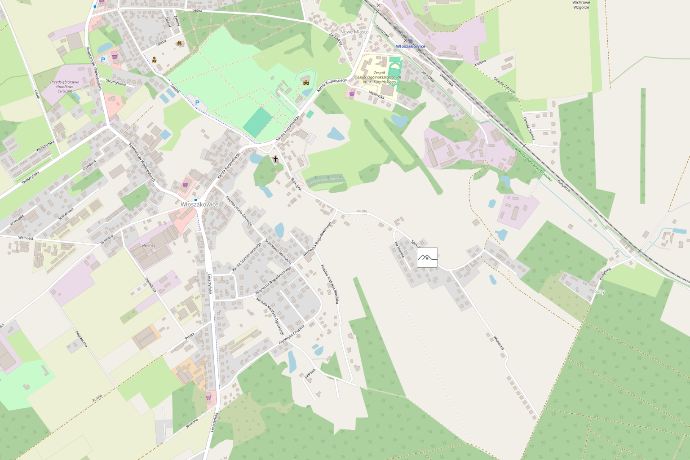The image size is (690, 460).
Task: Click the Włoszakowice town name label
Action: (199, 204)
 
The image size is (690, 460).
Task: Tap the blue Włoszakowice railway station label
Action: (411, 46)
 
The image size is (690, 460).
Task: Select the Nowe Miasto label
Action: (354, 32)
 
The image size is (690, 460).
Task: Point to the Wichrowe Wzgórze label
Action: (581, 5)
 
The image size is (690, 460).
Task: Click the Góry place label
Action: (600, 292)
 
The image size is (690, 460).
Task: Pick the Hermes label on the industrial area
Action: (149, 245)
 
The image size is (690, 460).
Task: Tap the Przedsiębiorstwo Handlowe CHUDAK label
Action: (65, 86)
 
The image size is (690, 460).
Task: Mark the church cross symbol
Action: (275, 159)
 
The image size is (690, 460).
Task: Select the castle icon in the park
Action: (307, 82)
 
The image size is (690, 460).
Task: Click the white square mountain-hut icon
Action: (427, 257)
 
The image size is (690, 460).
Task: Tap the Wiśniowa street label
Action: (499, 343)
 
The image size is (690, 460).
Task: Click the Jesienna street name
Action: (192, 423)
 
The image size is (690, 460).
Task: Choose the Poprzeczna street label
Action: (82, 339)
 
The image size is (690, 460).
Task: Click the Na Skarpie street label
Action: (399, 250)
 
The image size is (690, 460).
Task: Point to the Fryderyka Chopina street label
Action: (292, 334)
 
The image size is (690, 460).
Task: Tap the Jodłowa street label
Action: (310, 374)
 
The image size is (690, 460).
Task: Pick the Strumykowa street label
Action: (116, 82)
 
